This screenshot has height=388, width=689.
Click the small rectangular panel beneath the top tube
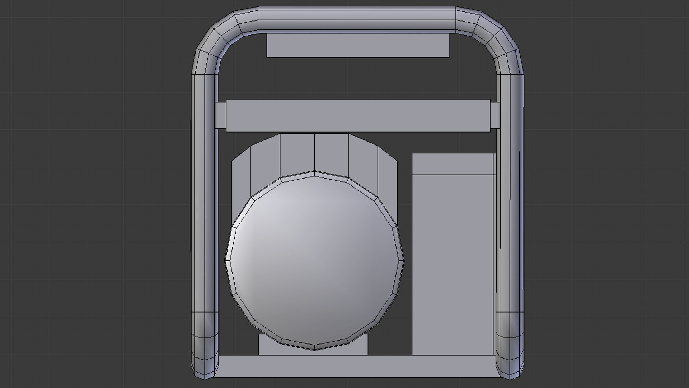[358, 46]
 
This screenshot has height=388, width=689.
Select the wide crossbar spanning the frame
[358, 115]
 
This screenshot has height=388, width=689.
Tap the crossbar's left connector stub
[221, 115]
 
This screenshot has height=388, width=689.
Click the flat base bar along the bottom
[357, 366]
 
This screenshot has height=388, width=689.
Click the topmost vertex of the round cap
[314, 172]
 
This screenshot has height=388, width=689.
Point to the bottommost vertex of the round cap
[314, 350]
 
